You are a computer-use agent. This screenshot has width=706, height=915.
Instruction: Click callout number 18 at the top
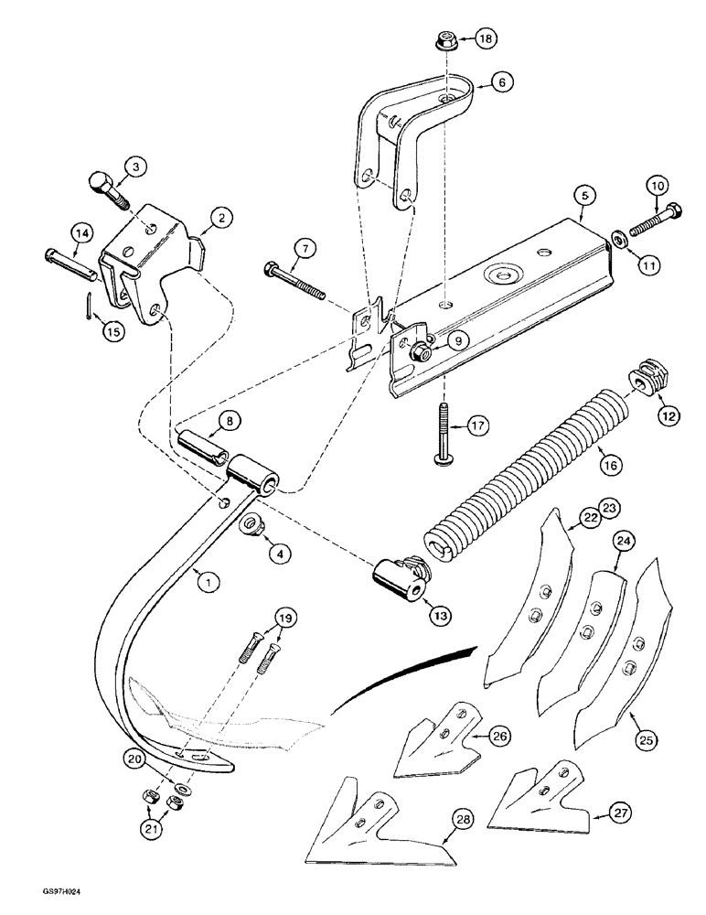(485, 39)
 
